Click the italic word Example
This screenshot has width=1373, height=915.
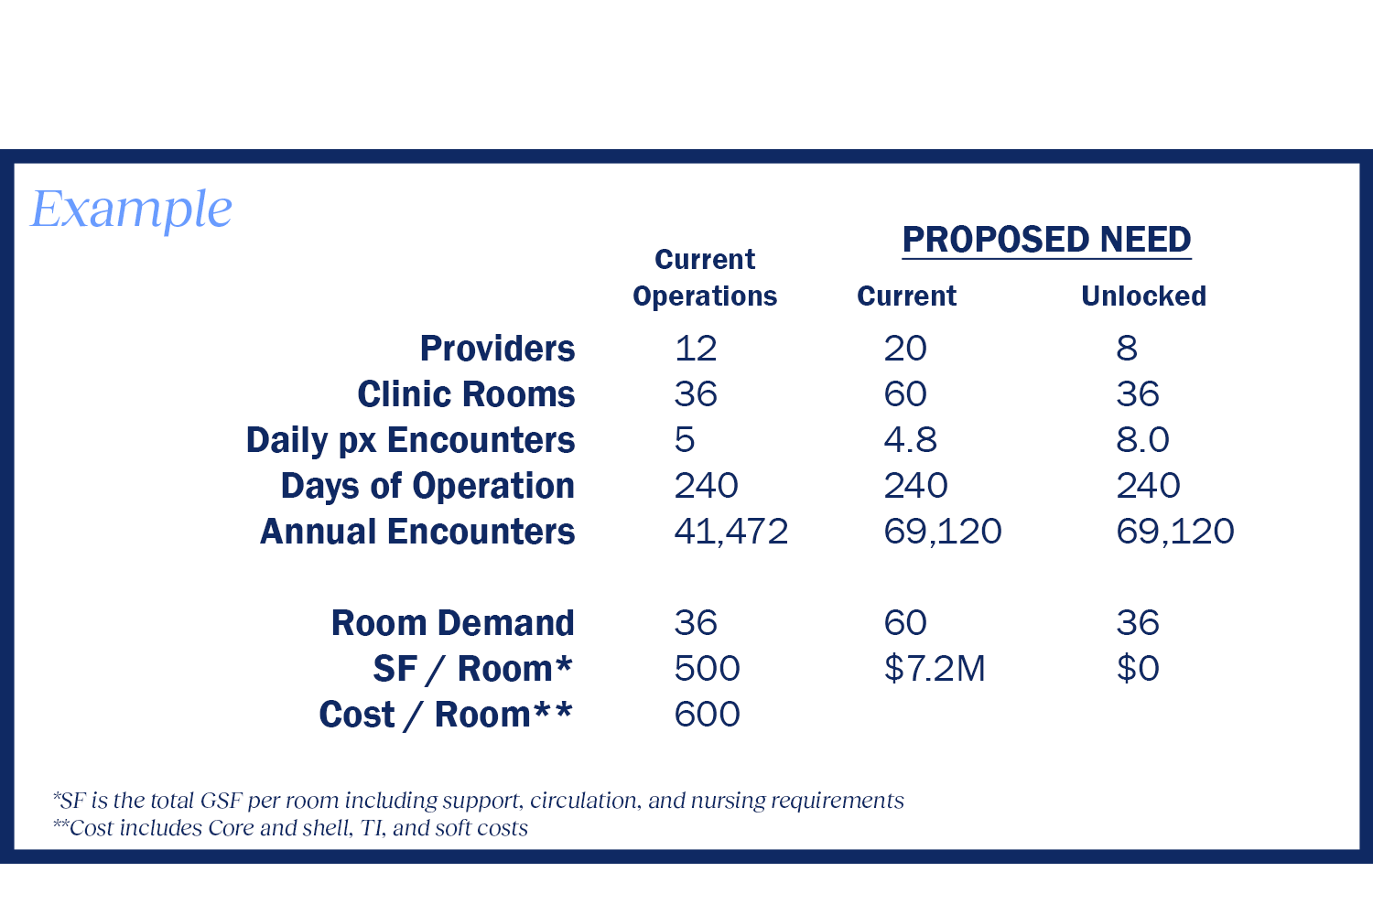pos(132,210)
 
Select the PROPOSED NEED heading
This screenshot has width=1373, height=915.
pos(1046,240)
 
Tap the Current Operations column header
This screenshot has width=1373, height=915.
pos(705,278)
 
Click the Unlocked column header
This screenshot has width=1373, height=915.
pos(1143,296)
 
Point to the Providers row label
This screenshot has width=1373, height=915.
pos(497,349)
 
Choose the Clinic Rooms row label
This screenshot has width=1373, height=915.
pos(466,394)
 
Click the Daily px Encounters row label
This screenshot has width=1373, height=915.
pos(410,440)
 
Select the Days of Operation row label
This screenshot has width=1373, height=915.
pos(427,486)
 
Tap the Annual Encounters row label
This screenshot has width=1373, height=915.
pos(417,532)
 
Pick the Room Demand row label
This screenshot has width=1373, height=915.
pos(452,623)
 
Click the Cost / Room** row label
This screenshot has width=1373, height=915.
pos(445,715)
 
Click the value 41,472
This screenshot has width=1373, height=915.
pos(730,532)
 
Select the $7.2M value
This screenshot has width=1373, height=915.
pos(934,669)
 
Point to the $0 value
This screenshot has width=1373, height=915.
pos(1137,669)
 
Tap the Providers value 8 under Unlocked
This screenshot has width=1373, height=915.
pos(1127,349)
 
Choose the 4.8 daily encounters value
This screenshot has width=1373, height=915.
pos(910,440)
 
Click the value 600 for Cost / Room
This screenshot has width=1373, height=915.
pos(707,715)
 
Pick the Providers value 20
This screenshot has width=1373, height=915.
pos(905,349)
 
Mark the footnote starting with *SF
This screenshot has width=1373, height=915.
pos(478,801)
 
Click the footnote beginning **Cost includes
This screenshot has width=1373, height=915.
pos(290,828)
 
